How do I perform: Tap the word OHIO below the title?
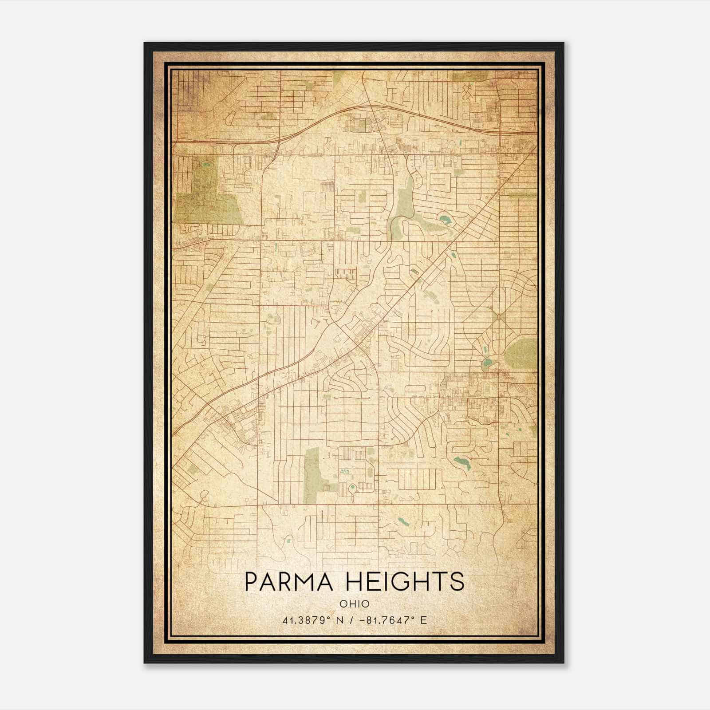point(355,604)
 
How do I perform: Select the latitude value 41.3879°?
point(307,620)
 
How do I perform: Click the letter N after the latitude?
point(340,620)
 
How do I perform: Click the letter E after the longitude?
point(424,620)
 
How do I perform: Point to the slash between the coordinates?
point(351,620)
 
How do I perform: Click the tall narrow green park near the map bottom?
point(312,475)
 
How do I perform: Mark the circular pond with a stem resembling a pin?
point(353,490)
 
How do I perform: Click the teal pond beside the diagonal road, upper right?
point(444,218)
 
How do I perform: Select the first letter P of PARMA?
point(252,582)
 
